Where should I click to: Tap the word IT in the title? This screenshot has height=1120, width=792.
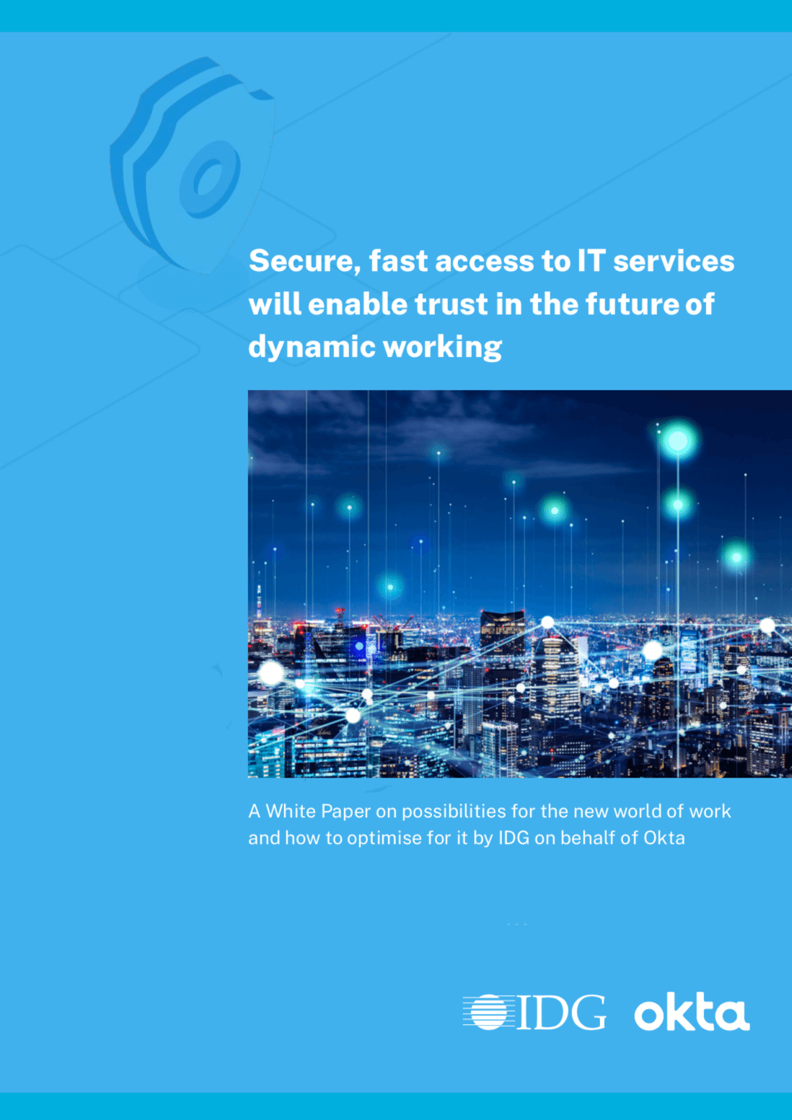tap(590, 260)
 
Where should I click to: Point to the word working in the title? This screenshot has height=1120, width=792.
tap(442, 347)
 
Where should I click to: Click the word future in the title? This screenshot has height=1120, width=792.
tap(631, 304)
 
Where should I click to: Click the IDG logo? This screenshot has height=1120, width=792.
tap(534, 1012)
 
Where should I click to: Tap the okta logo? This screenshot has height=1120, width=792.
tap(691, 1013)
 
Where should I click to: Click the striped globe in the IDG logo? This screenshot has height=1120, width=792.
tap(488, 1012)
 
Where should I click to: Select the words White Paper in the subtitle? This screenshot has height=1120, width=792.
tap(318, 812)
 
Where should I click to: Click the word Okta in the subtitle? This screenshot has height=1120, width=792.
tap(664, 838)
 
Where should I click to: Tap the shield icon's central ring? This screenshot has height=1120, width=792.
tap(210, 178)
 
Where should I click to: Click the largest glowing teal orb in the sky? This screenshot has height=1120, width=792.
tap(677, 440)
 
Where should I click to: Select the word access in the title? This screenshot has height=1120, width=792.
tap(485, 261)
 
